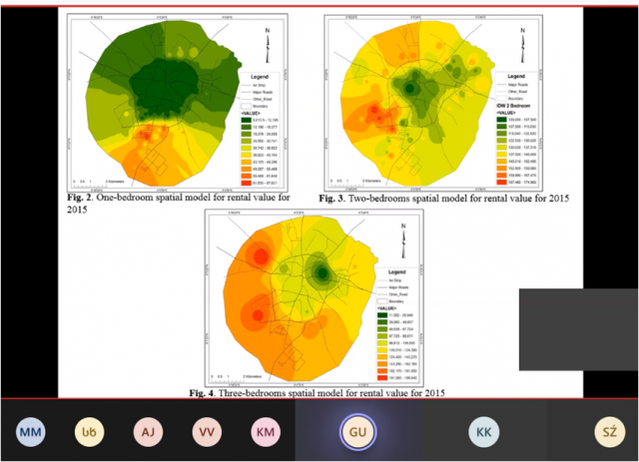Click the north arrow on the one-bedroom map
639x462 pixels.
point(267,37)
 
